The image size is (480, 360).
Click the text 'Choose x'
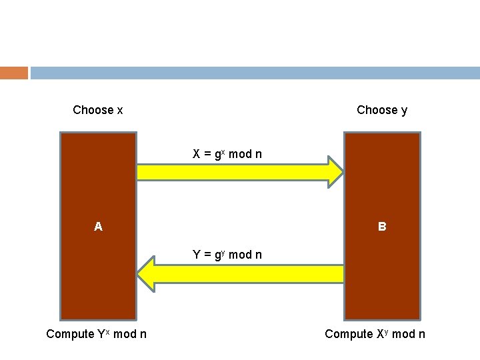coord(97,110)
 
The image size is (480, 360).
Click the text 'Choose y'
coord(382,110)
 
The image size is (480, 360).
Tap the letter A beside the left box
coord(98,227)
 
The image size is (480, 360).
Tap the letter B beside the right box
coord(382,227)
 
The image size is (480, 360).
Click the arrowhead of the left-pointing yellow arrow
coord(146,274)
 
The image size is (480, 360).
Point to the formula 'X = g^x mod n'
coord(227,154)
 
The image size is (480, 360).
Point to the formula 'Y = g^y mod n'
coord(227,255)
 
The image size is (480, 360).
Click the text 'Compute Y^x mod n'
coord(97,334)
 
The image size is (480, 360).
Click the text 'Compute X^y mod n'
coord(375,334)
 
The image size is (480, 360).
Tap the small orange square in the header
coord(14,73)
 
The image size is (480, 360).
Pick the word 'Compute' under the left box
coord(70,334)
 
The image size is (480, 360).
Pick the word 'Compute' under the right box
coord(349,334)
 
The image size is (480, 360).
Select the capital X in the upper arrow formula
coord(197,154)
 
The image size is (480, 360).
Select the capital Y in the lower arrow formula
coord(197,255)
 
